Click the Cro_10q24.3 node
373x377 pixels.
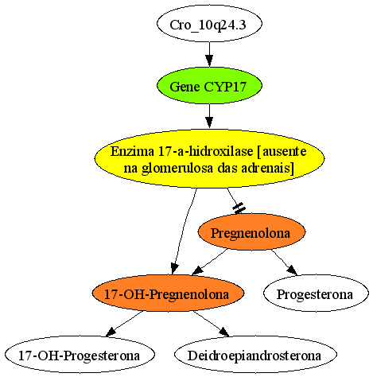click(x=209, y=24)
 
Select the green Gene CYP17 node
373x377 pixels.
click(x=209, y=86)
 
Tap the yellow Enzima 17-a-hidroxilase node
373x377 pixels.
click(x=209, y=159)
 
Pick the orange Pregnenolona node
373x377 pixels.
click(x=251, y=232)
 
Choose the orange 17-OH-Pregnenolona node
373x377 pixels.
click(x=168, y=293)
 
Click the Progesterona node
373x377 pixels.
click(x=316, y=293)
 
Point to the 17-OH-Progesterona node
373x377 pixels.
click(x=80, y=355)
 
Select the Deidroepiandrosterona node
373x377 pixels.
click(x=255, y=355)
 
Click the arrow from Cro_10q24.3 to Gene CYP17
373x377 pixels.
click(x=209, y=55)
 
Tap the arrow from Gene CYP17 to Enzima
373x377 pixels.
click(x=209, y=116)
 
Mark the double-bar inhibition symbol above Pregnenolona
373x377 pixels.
click(x=239, y=208)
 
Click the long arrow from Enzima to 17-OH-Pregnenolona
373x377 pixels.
click(x=185, y=231)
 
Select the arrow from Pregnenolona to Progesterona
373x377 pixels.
click(x=284, y=262)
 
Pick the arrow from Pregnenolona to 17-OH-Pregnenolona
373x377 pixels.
click(x=210, y=262)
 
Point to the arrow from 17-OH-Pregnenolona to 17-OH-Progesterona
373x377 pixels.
click(x=124, y=324)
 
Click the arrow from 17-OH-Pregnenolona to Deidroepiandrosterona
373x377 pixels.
click(x=211, y=324)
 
